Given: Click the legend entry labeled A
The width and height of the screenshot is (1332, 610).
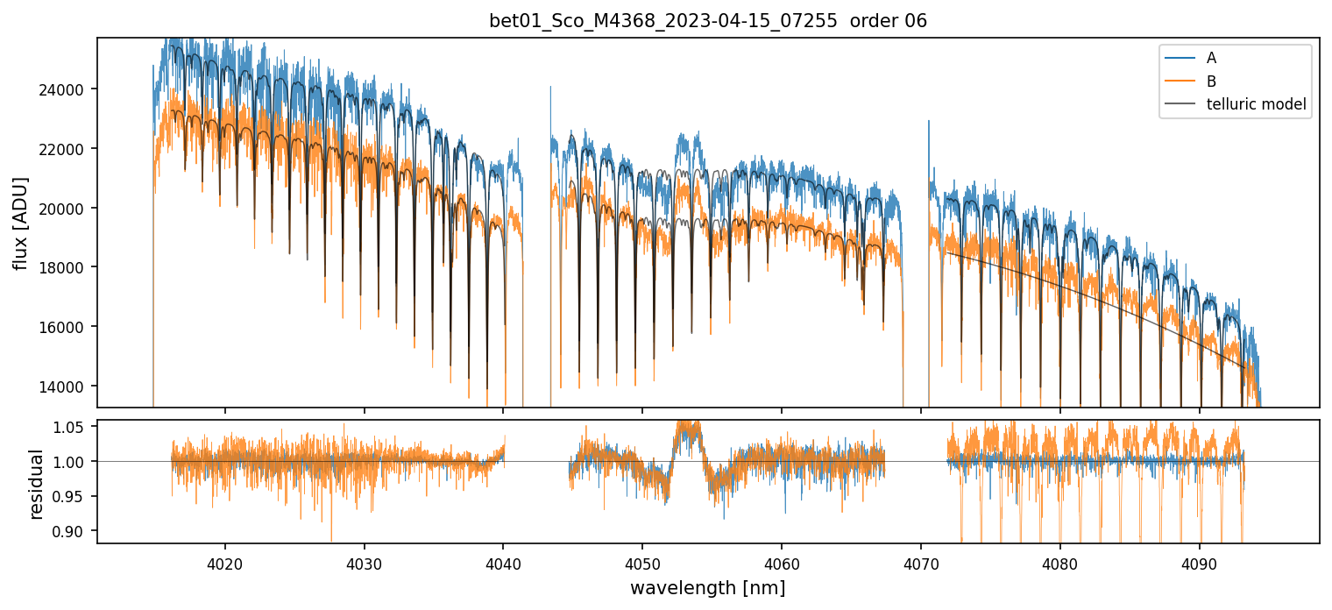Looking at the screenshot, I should pyautogui.click(x=1211, y=58).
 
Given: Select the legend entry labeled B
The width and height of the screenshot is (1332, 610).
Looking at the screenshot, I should pyautogui.click(x=1211, y=82).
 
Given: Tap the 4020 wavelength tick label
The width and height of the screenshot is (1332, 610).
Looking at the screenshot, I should pyautogui.click(x=225, y=562).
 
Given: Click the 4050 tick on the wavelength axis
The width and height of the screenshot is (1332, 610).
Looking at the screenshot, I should pyautogui.click(x=642, y=562).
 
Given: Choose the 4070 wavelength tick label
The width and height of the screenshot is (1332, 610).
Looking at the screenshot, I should pyautogui.click(x=921, y=562).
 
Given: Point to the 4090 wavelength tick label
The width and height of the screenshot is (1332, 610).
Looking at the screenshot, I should pyautogui.click(x=1199, y=562).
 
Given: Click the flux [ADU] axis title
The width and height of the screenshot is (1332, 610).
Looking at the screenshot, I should pyautogui.click(x=20, y=223).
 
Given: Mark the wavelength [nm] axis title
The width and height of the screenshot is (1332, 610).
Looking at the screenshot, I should pyautogui.click(x=708, y=587).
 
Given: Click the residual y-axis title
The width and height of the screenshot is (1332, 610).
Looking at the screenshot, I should pyautogui.click(x=37, y=483).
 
